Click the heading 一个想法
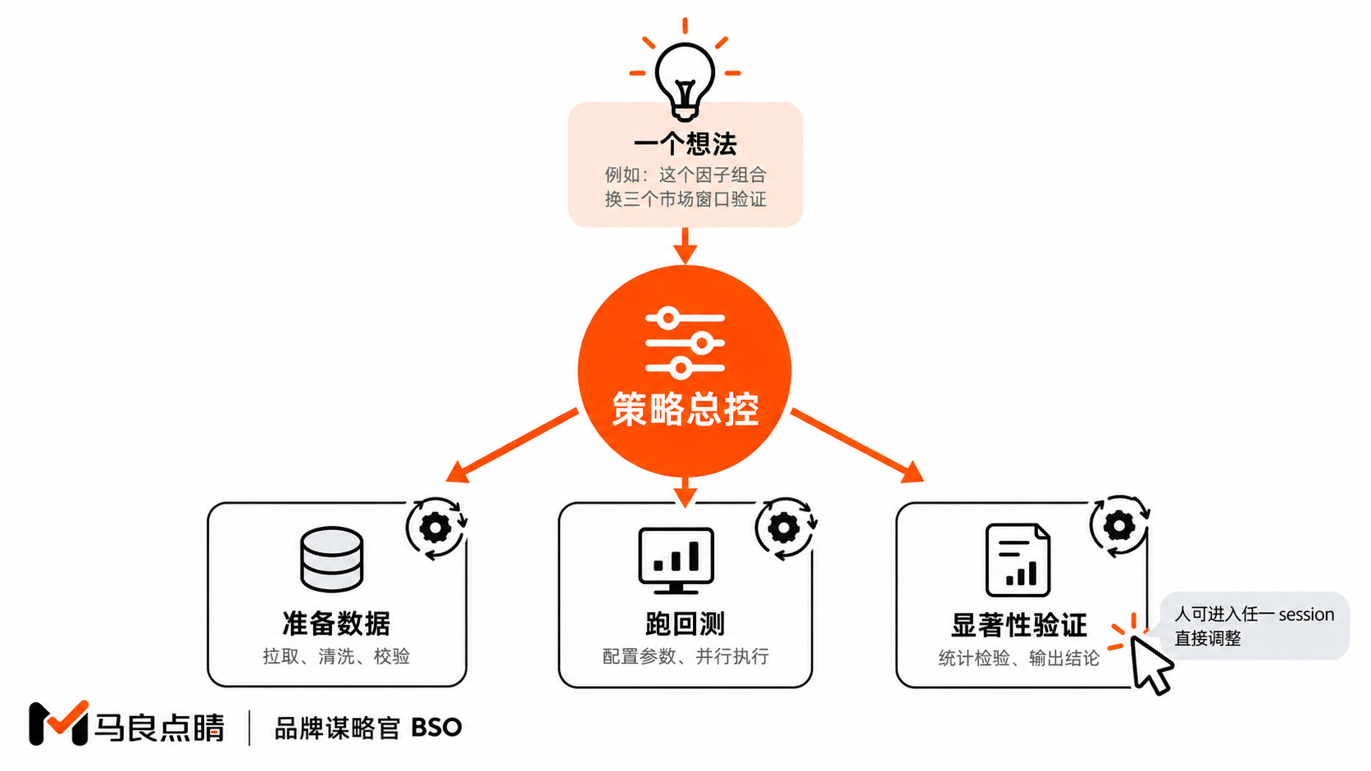(x=685, y=144)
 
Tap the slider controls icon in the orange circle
(x=685, y=343)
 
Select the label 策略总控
(x=685, y=408)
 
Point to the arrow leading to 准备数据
(x=512, y=446)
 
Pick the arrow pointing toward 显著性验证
(x=858, y=446)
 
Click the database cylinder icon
(x=332, y=559)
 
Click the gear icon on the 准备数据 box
(x=435, y=528)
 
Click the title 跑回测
(x=685, y=624)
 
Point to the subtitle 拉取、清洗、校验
(x=336, y=656)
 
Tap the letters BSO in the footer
(x=436, y=728)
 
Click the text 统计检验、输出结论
(x=1019, y=658)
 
